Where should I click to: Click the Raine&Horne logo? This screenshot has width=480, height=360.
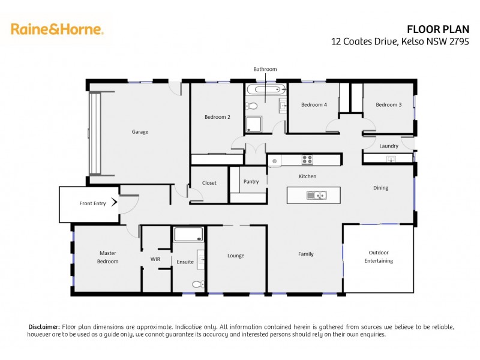tap(57, 29)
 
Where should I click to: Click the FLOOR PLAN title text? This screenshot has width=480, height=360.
tap(442, 29)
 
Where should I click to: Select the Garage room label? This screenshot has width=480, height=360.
tap(140, 132)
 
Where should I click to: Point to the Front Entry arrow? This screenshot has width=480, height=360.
tap(114, 203)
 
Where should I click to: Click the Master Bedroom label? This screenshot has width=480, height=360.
tap(108, 257)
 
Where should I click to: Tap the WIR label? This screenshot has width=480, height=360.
tap(155, 259)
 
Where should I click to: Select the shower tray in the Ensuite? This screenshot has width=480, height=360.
tap(188, 234)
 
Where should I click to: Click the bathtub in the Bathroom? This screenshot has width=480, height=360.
tap(266, 91)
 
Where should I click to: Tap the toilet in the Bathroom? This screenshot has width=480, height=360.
tap(252, 106)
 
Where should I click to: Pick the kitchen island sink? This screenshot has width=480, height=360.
tap(316, 195)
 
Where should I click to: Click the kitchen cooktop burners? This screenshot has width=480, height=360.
tap(307, 160)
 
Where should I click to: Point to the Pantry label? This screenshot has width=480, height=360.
tap(251, 181)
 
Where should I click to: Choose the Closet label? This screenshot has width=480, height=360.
tap(209, 183)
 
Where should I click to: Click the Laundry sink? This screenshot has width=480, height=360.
tap(391, 159)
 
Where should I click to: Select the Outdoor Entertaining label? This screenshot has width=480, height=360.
tap(379, 257)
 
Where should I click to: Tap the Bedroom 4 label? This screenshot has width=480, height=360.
tap(314, 105)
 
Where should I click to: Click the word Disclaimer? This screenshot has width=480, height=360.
tap(44, 326)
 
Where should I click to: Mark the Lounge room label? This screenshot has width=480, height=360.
tap(236, 256)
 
